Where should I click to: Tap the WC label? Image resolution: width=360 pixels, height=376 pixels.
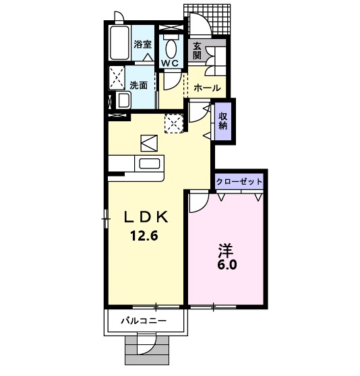[x=169, y=63]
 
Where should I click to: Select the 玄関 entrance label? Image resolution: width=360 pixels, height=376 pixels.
[x=197, y=51]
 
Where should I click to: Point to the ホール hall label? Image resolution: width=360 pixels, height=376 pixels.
[x=206, y=88]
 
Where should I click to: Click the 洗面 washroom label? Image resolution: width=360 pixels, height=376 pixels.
[x=139, y=85]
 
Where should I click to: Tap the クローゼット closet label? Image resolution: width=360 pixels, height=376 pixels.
[x=239, y=182]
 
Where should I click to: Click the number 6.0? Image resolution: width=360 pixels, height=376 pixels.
[x=227, y=265]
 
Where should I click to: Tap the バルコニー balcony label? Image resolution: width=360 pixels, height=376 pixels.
[x=143, y=321]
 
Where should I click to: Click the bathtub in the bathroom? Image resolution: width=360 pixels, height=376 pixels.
[x=119, y=44]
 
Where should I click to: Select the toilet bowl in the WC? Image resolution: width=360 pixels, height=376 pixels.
[x=170, y=46]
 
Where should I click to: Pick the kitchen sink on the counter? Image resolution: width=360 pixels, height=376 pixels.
[x=148, y=163]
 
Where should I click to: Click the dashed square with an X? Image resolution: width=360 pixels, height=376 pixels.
[x=175, y=124]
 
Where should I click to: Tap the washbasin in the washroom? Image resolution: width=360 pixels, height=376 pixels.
[x=123, y=100]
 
